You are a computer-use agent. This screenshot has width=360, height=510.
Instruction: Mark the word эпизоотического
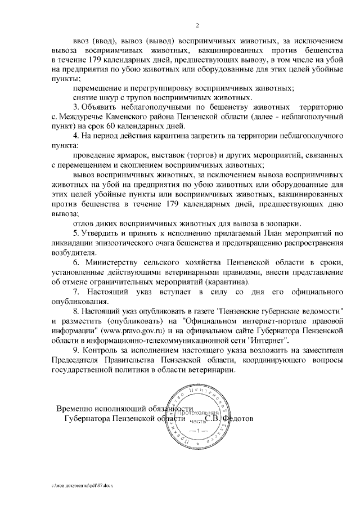132,242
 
